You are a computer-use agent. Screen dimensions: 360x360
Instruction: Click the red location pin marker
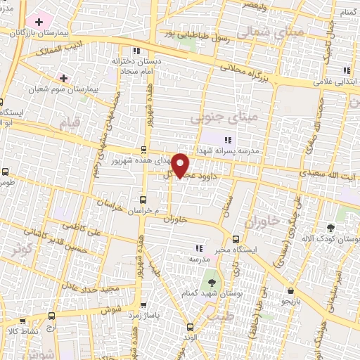pyautogui.click(x=181, y=165)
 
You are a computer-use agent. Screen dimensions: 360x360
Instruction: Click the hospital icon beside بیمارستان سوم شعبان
pyautogui.click(x=64, y=77)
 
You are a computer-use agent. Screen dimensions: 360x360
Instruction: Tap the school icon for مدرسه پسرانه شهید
pyautogui.click(x=227, y=140)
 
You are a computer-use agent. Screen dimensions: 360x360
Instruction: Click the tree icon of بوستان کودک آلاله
pyautogui.click(x=330, y=228)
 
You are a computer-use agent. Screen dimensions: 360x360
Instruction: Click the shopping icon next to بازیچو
pyautogui.click(x=290, y=290)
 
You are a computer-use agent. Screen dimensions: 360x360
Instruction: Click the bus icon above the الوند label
pyautogui.click(x=190, y=326)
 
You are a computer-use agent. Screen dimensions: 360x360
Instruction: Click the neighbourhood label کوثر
pyautogui.click(x=21, y=250)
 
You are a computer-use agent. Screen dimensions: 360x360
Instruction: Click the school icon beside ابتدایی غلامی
pyautogui.click(x=346, y=70)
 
